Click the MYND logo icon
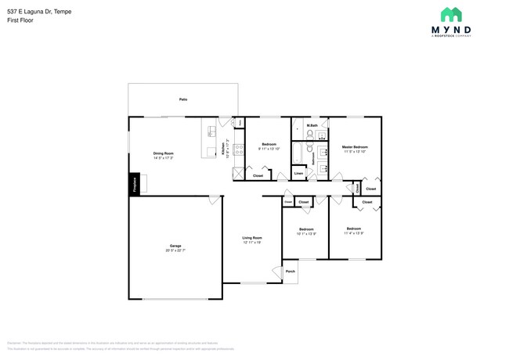451,14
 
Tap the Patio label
183,99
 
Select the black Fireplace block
134,185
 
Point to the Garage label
175,246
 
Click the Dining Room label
163,153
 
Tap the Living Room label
251,238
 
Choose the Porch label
290,272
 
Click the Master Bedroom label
355,147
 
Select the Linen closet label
298,173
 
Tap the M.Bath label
312,125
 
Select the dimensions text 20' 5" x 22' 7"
175,250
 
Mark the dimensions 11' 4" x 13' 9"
355,233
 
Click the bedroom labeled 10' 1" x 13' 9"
306,231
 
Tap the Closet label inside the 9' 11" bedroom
258,176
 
